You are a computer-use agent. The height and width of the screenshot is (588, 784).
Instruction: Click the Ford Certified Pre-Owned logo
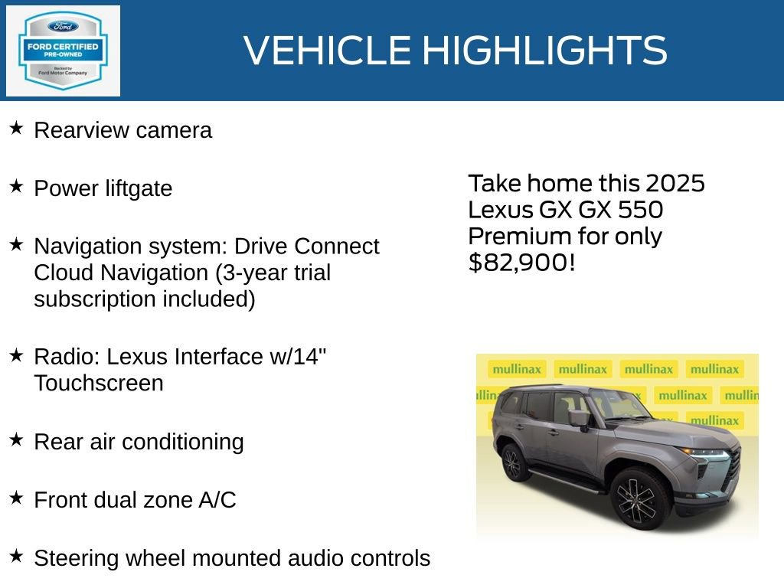(63, 51)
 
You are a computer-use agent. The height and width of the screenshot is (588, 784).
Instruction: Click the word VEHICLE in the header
(328, 51)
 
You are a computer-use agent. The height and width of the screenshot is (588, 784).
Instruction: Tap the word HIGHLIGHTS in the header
(544, 51)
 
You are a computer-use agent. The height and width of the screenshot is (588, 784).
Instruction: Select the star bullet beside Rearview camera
(16, 128)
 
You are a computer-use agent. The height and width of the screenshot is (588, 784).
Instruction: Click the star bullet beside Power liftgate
(16, 186)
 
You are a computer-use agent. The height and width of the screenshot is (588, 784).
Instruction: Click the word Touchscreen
(98, 383)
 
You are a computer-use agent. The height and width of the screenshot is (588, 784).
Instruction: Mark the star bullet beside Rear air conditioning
(16, 439)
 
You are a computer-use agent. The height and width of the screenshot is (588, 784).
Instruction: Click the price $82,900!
(521, 263)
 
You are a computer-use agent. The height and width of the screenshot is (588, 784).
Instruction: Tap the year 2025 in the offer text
(675, 184)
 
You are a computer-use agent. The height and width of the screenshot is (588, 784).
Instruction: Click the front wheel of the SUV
(642, 498)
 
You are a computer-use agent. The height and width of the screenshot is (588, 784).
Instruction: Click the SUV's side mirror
(579, 418)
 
